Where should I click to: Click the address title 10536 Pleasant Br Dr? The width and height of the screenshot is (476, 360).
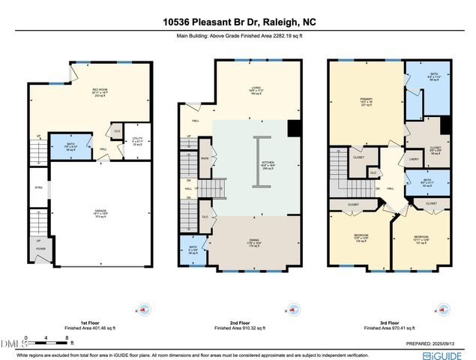click(238, 22)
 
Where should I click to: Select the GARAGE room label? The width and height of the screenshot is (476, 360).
click(100, 214)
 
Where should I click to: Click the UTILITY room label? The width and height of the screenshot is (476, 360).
click(136, 139)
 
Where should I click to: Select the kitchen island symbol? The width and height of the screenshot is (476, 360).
click(258, 162)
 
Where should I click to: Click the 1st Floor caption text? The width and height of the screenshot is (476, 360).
click(89, 323)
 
